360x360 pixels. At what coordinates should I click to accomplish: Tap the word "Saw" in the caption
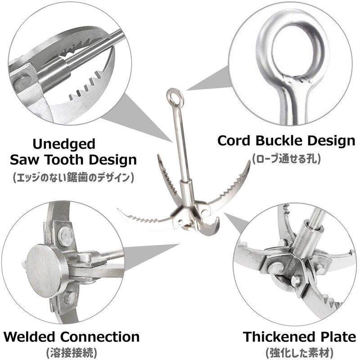pos(24,160)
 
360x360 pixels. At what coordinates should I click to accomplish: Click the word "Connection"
pos(100,337)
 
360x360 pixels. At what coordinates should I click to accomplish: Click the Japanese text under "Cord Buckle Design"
pos(286,159)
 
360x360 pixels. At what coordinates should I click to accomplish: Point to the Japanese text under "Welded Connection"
pos(72,353)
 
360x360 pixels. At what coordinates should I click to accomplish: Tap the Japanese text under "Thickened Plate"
pos(299,353)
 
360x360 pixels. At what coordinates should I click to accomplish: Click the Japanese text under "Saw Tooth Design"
pos(73,177)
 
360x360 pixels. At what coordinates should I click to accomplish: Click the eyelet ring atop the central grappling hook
pos(174,96)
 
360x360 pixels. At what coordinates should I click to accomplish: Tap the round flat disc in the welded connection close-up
pos(44,270)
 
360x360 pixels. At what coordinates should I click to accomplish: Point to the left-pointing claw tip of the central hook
pos(118,209)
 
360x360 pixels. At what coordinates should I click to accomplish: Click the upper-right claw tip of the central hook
pos(250,162)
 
